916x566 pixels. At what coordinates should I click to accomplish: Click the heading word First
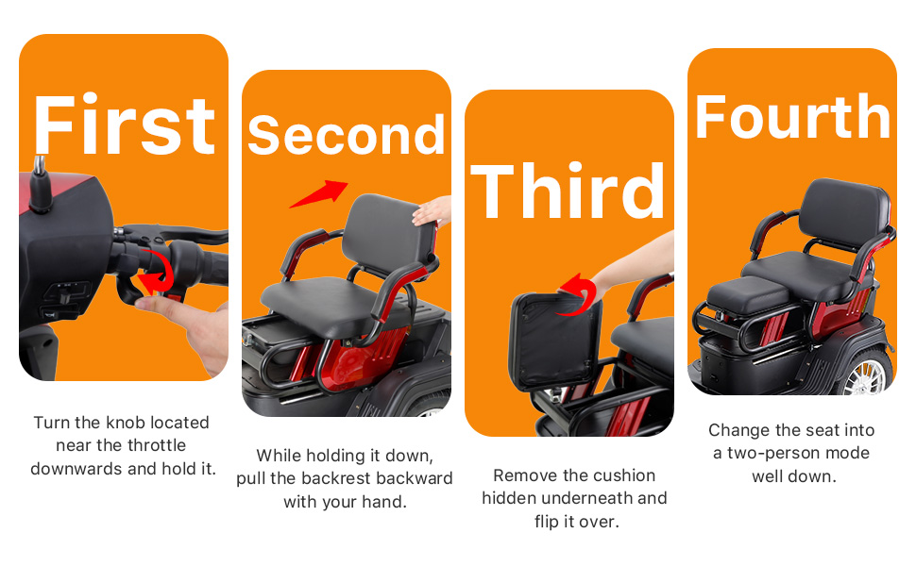pyautogui.click(x=125, y=125)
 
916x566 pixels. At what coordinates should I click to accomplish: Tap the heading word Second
pyautogui.click(x=347, y=136)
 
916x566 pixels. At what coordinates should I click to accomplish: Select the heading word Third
pyautogui.click(x=568, y=191)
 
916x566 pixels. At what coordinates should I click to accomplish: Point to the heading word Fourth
pyautogui.click(x=792, y=116)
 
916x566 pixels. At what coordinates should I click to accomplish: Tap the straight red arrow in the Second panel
pyautogui.click(x=319, y=193)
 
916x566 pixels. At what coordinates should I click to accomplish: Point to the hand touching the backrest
pyautogui.click(x=432, y=211)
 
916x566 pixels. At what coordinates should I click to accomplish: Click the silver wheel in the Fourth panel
pyautogui.click(x=867, y=374)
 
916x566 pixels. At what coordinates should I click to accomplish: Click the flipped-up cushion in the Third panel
pyautogui.click(x=555, y=341)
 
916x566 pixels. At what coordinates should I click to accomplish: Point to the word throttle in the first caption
pyautogui.click(x=157, y=445)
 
